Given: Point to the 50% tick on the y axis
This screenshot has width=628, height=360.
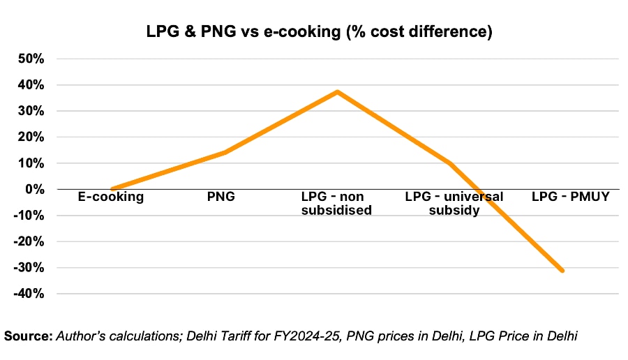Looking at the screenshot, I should click(31, 59).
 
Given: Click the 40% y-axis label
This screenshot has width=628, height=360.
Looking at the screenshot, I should click(31, 85).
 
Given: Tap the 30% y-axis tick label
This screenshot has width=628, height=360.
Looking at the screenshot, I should click(31, 111).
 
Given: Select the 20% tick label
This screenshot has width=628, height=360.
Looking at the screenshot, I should click(31, 137).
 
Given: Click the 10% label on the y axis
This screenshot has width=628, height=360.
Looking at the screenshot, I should click(31, 163).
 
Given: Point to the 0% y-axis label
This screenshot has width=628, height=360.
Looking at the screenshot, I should click(34, 189).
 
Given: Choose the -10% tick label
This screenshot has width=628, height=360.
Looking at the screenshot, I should click(29, 216).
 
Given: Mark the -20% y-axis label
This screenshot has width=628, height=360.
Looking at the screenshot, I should click(29, 242).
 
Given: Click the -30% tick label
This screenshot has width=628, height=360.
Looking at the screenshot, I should click(29, 268).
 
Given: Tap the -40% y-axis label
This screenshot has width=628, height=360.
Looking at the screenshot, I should click(29, 294).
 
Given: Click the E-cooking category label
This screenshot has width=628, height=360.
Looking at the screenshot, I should click(112, 197).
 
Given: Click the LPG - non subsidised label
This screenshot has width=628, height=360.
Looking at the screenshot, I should click(337, 204).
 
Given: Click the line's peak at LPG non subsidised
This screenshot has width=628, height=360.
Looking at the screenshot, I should click(337, 91).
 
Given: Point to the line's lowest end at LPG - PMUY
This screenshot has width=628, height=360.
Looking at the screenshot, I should click(562, 271).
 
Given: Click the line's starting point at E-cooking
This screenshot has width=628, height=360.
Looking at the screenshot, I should click(112, 189).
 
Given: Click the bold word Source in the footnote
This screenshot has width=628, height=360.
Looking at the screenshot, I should click(28, 336).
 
